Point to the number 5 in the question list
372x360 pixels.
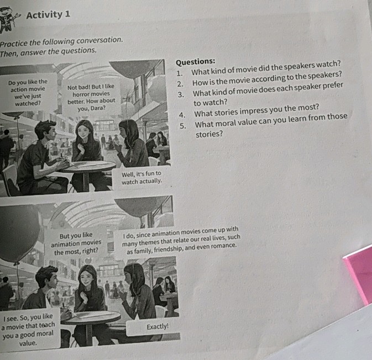click(181, 125)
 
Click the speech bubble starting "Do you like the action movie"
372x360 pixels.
click(28, 93)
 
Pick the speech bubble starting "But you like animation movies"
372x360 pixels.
click(76, 243)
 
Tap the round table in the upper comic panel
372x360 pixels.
click(87, 166)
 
